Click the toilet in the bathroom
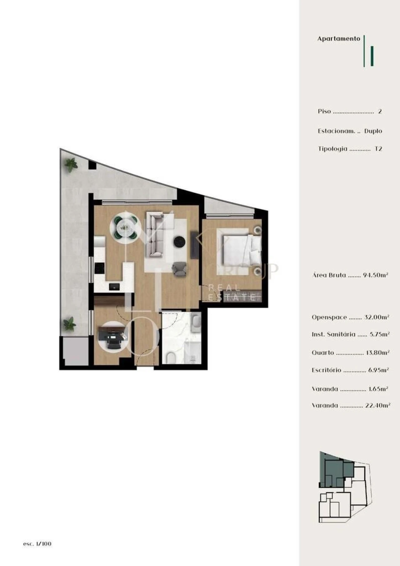171,358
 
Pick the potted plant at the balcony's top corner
71,164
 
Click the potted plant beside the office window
69,324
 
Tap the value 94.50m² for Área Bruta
375,275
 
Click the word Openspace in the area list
329,317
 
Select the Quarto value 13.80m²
377,353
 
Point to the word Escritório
326,370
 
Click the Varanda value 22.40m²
377,406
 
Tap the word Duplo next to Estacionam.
373,131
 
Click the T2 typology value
378,149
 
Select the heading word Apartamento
339,39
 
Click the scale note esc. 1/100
37,544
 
